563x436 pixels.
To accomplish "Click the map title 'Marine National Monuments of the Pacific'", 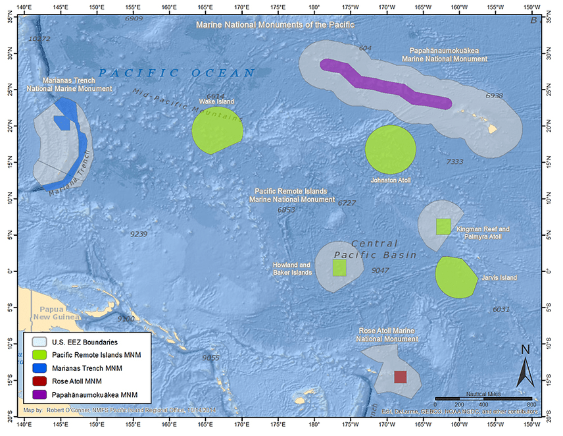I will pyautogui.click(x=275, y=25).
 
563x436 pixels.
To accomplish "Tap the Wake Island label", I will pyautogui.click(x=216, y=101).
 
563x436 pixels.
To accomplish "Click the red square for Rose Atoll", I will pyautogui.click(x=400, y=377).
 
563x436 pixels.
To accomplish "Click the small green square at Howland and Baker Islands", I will pyautogui.click(x=339, y=267).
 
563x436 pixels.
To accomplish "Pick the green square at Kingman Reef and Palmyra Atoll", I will pyautogui.click(x=443, y=227).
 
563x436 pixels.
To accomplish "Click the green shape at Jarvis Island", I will pyautogui.click(x=455, y=277).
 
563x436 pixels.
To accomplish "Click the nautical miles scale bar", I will pyautogui.click(x=483, y=398).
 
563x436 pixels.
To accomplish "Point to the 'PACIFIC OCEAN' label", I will pyautogui.click(x=176, y=72).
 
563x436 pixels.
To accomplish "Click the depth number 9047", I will pyautogui.click(x=380, y=271).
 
